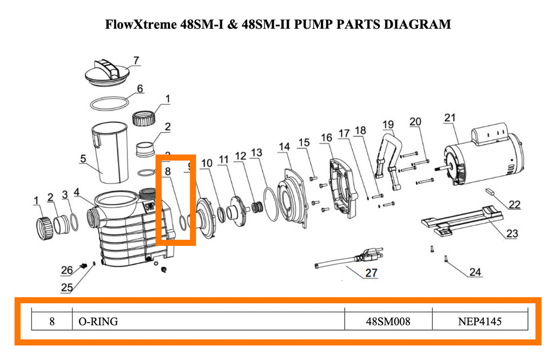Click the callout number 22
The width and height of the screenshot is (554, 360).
[x=515, y=205]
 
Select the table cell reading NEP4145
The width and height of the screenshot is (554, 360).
[x=480, y=322]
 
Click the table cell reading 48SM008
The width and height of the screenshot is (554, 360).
[x=388, y=322]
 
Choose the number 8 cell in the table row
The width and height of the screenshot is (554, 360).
[x=52, y=322]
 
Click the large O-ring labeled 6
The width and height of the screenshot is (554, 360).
[x=110, y=102]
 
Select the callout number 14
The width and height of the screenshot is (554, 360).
[x=285, y=147]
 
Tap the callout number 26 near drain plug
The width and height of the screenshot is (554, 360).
[x=66, y=270]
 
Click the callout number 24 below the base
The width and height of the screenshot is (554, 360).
[x=474, y=272]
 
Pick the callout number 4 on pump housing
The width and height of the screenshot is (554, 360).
[x=77, y=192]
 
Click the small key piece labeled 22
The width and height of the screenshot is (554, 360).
[x=490, y=191]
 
